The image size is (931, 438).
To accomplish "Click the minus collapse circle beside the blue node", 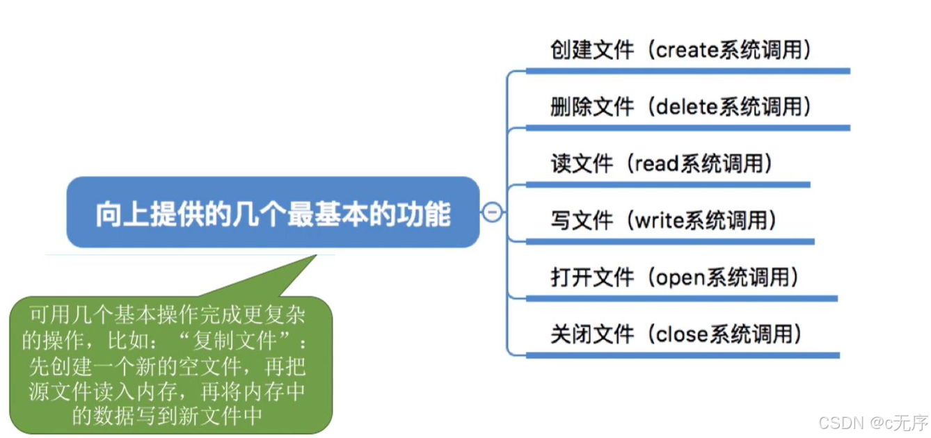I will point(493,212).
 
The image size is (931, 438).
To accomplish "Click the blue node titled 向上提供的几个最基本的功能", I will point(273,213).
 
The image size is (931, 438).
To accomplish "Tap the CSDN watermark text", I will point(873,422).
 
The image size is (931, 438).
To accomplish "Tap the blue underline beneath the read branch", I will point(668,185).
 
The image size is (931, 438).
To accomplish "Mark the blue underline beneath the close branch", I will point(682,355).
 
